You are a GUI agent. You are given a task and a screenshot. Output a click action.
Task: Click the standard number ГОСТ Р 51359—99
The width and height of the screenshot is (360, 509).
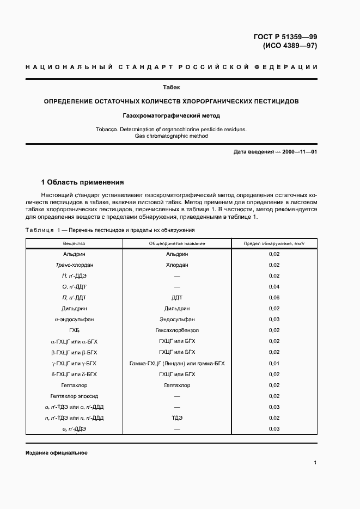pos(285,37)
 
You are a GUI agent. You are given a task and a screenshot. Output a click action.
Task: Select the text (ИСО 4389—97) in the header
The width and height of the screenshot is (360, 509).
pos(290,46)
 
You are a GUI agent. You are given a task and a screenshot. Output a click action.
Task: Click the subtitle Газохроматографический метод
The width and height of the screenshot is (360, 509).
pos(171,115)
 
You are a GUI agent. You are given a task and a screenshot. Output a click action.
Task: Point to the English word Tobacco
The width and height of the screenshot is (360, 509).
pos(108,129)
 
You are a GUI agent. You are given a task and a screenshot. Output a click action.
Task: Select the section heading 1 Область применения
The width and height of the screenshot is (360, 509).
pos(83,182)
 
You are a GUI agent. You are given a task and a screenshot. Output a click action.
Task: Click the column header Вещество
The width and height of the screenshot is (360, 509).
pos(74,243)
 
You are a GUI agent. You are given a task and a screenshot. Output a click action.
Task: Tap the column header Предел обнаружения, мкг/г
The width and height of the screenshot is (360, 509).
pos(274,243)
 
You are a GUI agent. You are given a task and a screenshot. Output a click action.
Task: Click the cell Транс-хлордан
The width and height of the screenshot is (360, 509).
pos(74,265)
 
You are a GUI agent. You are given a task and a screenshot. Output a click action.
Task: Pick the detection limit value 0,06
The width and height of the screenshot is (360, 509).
pos(274,298)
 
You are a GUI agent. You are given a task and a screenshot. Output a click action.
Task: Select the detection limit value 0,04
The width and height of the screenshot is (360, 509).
pos(274,287)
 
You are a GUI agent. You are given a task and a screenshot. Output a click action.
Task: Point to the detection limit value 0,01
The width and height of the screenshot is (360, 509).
pos(274,363)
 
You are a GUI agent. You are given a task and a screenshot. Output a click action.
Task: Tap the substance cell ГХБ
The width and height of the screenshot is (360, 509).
pos(74,330)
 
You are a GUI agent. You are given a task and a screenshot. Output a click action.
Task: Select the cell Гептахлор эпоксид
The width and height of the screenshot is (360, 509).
pos(74,396)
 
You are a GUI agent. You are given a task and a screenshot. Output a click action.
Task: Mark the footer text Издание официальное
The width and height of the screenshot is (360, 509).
pos(56,453)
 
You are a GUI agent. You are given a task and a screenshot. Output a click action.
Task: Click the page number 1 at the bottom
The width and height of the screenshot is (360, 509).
pos(315,463)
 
